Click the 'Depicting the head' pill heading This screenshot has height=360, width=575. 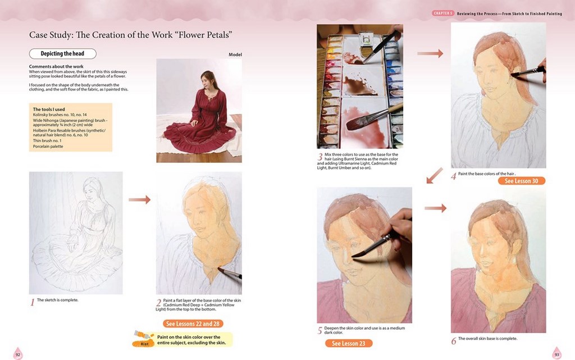coord(63,53)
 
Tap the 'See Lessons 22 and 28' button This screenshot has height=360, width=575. coord(193,323)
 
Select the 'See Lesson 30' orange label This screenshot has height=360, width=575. coord(522,181)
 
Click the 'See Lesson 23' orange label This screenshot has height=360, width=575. coord(349,343)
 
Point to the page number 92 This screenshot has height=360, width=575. coord(17,354)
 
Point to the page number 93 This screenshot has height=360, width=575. coord(557,354)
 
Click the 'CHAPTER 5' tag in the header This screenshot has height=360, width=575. coord(443,13)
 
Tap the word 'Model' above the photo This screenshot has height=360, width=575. coord(235,54)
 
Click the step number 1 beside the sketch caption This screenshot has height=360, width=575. coord(32,302)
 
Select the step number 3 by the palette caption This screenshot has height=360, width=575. coord(320,157)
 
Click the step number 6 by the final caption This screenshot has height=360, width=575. coord(454,341)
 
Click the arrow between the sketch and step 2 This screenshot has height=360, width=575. coord(140,199)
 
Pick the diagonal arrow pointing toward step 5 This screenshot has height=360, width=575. coord(435,176)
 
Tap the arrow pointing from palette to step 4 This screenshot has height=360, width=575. coord(430,53)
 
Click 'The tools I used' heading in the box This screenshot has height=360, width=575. coord(49,110)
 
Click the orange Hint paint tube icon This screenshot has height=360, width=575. coord(144,338)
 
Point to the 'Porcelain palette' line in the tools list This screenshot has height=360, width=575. coord(48,146)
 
